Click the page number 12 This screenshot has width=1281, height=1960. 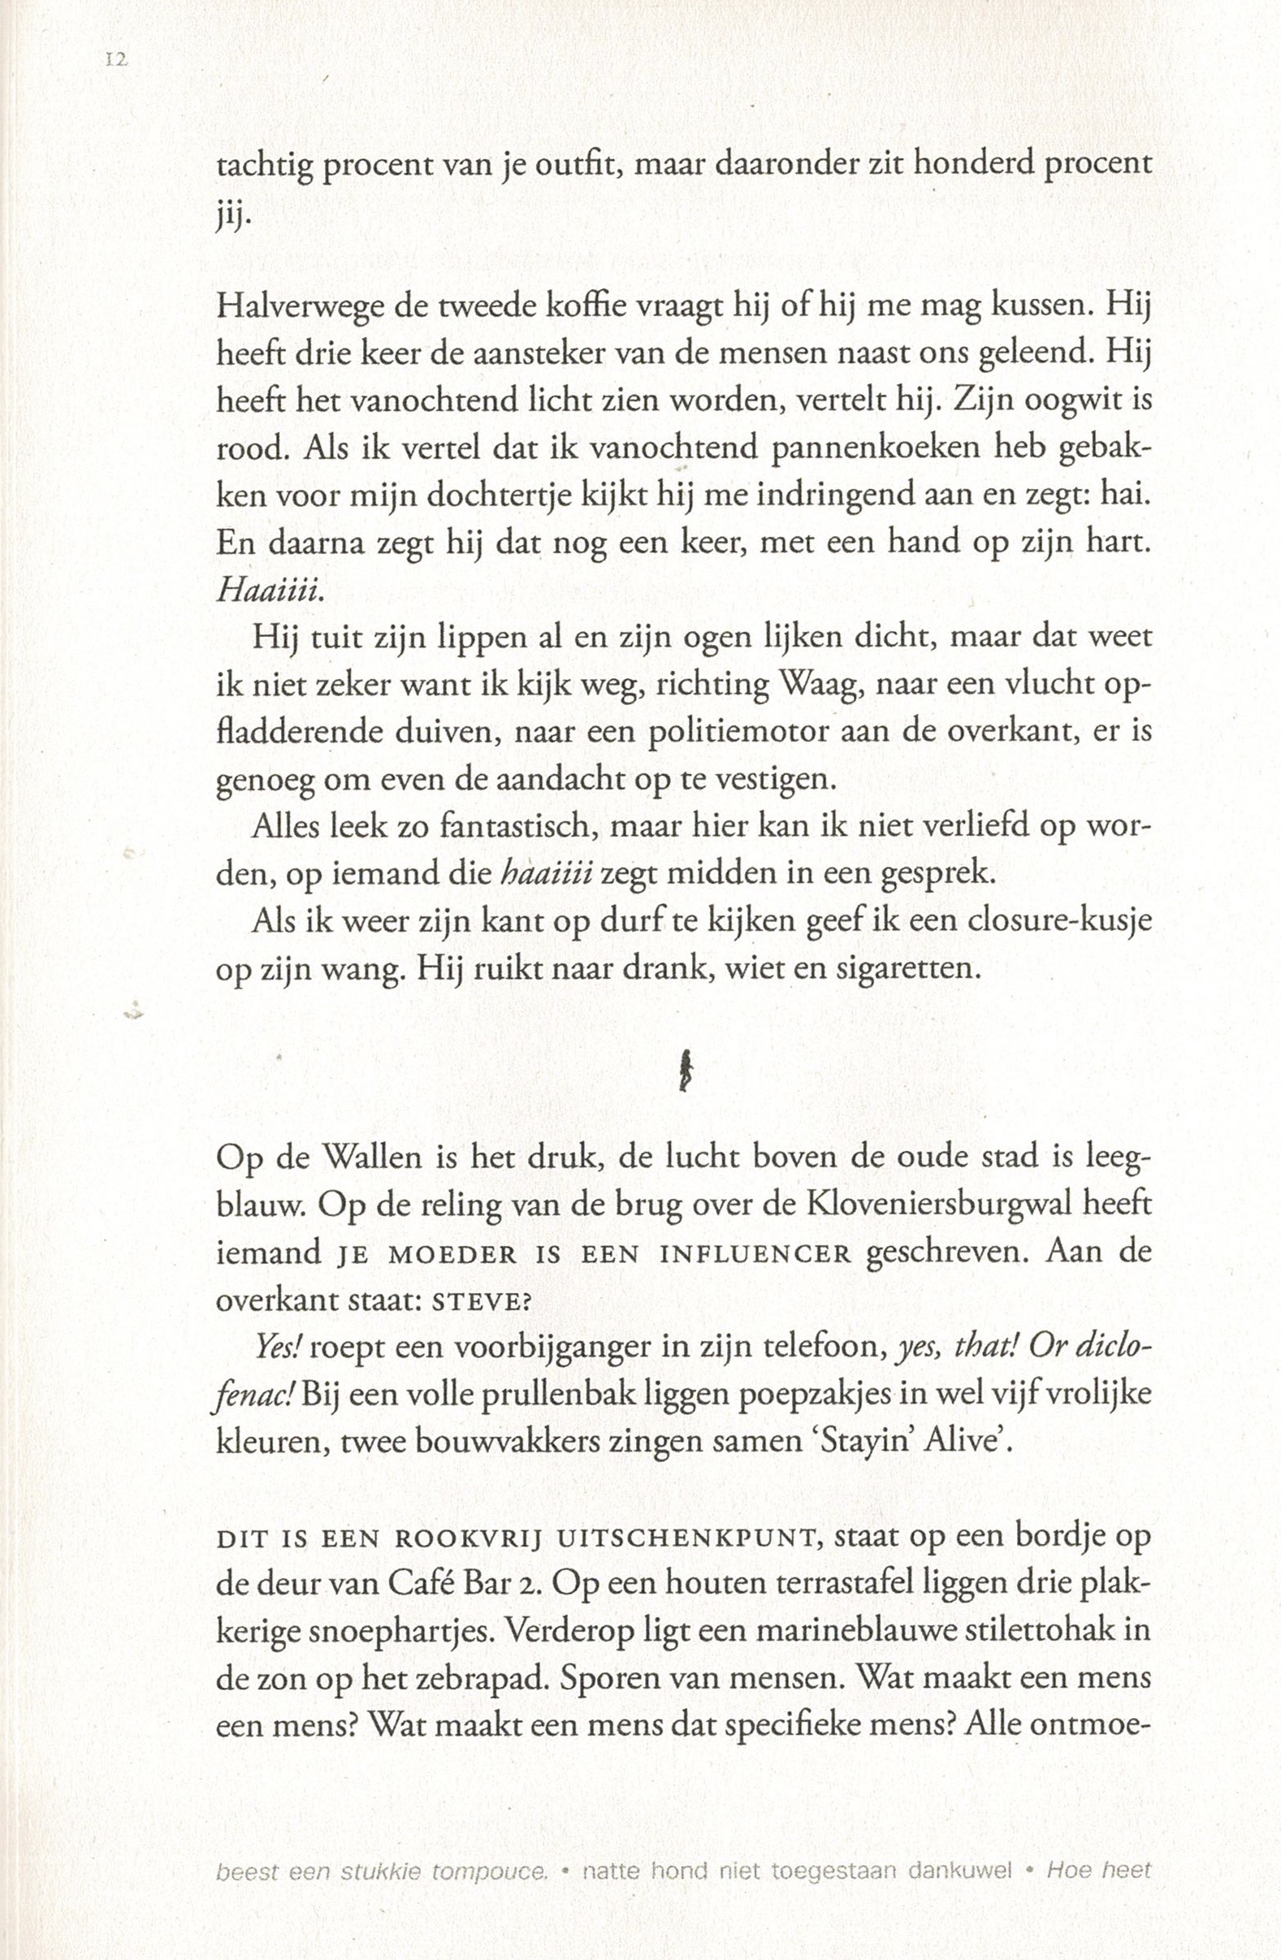coord(115,60)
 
